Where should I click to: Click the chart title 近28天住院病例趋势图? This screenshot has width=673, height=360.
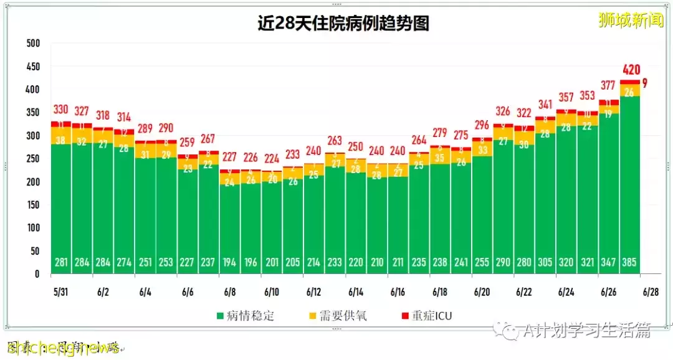(x=343, y=24)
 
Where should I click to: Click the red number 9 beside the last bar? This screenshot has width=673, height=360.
(x=644, y=83)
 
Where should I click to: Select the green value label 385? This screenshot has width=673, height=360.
(x=629, y=262)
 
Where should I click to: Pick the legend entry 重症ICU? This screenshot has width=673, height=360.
(x=431, y=315)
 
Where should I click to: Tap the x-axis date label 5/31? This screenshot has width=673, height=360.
(x=60, y=291)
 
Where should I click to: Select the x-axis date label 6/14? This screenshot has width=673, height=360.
(x=356, y=291)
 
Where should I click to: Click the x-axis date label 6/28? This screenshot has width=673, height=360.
(x=651, y=291)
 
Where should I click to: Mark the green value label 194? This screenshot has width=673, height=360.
(x=229, y=262)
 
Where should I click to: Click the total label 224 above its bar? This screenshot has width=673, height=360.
(x=272, y=158)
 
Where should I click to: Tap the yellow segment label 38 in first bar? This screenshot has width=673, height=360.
(x=60, y=141)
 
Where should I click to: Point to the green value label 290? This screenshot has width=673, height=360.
(x=503, y=262)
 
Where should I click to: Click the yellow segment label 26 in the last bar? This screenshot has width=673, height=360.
(x=629, y=92)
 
